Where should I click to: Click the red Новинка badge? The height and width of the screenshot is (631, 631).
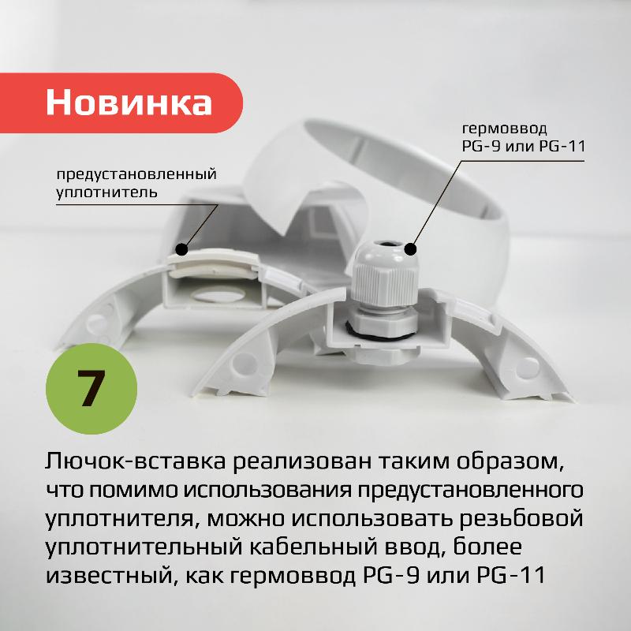(121, 103)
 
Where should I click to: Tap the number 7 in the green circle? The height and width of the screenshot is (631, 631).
(91, 388)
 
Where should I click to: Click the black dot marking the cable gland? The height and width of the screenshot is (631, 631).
(410, 249)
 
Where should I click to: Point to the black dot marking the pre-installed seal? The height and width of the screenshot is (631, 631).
(182, 249)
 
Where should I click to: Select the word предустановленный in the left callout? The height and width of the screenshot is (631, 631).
(136, 174)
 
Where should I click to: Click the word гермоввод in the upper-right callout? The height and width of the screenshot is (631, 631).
(504, 129)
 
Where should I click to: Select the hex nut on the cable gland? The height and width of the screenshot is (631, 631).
(383, 322)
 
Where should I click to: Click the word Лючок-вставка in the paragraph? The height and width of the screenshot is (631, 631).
(135, 461)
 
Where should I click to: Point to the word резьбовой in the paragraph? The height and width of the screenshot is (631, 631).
(521, 518)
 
